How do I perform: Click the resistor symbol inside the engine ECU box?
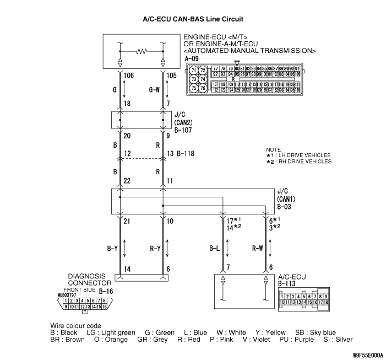[x=142, y=52]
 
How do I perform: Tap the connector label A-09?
[x=192, y=58]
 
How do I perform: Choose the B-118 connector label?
[x=187, y=154]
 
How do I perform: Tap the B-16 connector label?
[x=105, y=289]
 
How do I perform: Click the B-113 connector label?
[x=288, y=284]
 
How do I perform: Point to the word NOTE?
[x=273, y=150]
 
